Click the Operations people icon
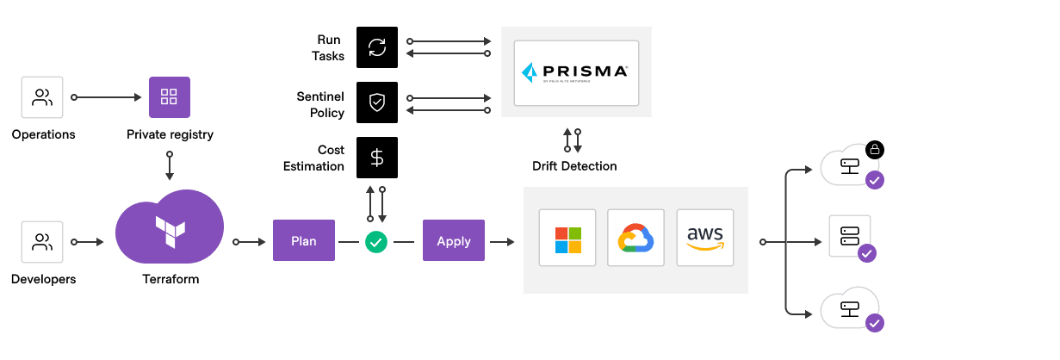42,97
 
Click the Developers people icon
42,242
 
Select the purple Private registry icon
170,97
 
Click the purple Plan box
304,241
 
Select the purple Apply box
454,241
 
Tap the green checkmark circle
376,242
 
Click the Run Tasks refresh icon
377,47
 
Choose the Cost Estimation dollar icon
377,158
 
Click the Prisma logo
576,71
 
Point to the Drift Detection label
574,165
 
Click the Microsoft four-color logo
567,240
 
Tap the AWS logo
705,239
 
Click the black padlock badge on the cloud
875,150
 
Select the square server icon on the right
849,235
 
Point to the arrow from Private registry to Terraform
170,166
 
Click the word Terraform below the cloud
170,279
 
